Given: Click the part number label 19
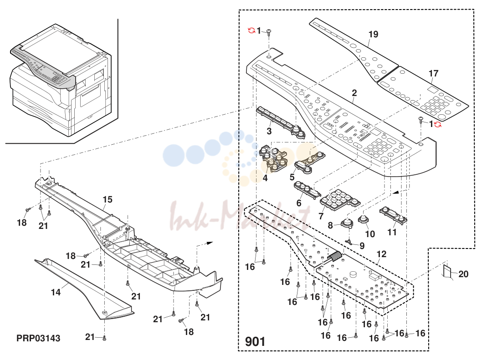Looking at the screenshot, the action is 373,34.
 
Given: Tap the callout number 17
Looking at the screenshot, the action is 433,73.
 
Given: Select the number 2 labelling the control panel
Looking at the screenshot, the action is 354,92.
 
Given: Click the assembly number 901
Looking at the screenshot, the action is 255,342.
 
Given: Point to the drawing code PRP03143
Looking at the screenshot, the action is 38,338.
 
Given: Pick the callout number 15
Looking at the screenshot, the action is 108,199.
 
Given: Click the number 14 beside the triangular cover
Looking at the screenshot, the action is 56,292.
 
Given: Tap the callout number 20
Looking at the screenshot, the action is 463,274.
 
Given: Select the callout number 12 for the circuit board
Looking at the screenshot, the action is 381,254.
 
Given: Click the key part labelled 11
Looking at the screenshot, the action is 393,215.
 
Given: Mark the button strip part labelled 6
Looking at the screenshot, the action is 306,189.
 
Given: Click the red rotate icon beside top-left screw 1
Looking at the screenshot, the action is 251,30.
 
